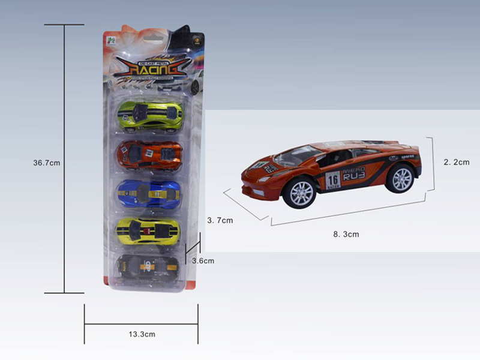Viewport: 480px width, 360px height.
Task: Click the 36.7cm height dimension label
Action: click(x=47, y=163)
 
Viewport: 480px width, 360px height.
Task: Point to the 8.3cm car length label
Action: click(x=346, y=235)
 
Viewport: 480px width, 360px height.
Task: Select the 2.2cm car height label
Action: click(x=456, y=162)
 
